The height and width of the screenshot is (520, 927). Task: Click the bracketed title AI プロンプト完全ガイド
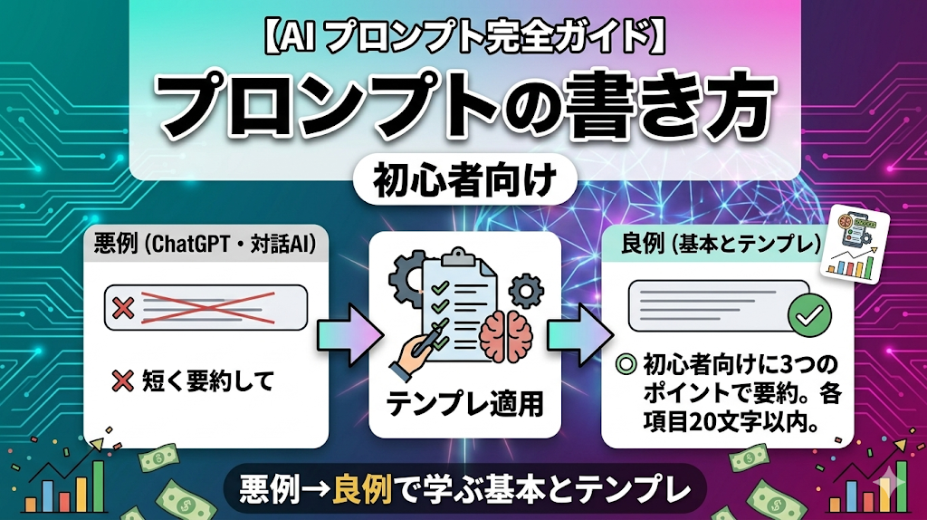[464, 40]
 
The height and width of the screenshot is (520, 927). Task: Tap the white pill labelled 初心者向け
[464, 180]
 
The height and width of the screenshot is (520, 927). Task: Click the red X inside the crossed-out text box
[123, 308]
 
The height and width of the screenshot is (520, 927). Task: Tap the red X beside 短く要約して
[122, 381]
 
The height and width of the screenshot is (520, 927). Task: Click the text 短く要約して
[208, 381]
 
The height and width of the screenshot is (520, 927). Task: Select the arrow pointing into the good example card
[579, 334]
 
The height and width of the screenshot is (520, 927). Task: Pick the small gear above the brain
[526, 291]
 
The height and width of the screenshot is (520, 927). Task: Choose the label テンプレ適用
[464, 404]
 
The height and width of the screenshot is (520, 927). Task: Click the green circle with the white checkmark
[809, 314]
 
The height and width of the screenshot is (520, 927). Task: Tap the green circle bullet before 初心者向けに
[626, 363]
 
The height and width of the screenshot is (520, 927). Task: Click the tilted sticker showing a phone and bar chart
[855, 248]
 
